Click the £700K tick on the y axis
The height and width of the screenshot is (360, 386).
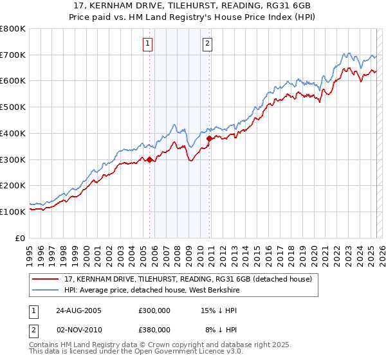click(13, 55)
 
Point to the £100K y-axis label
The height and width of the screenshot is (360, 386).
click(13, 212)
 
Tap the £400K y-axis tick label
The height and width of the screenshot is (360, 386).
click(13, 133)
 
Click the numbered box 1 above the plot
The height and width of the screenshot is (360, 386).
click(148, 44)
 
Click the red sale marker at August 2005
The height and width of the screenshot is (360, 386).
click(150, 160)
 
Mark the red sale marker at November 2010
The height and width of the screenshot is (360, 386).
click(209, 138)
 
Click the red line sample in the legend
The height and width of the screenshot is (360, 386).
click(46, 279)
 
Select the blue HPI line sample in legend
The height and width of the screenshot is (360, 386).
click(46, 290)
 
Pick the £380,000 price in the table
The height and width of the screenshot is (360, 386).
click(154, 330)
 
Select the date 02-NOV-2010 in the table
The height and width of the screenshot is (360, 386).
click(78, 330)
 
